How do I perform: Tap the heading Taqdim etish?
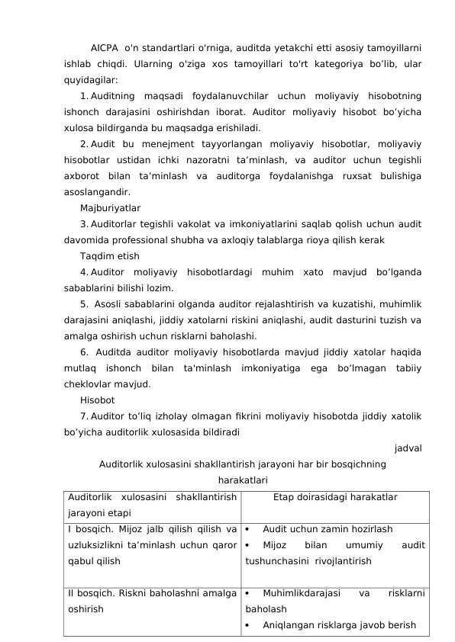pos(109,255)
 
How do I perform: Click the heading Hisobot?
pos(97,400)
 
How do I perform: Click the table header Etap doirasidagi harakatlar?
pos(334,497)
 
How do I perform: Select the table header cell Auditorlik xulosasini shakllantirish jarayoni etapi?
pos(151,504)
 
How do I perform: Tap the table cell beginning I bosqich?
pos(151,544)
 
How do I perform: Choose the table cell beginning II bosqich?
pos(151,600)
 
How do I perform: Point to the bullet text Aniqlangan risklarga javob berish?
pos(339,625)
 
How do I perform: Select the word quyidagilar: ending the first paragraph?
pos(91,79)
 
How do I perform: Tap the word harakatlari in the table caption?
pos(242,480)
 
